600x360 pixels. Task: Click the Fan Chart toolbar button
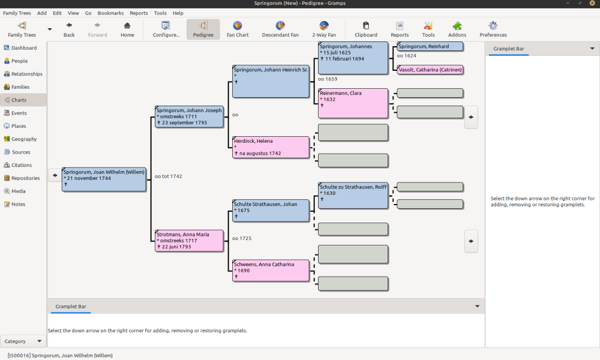click(238, 29)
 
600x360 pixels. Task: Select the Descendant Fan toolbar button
click(280, 29)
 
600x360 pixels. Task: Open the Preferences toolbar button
click(493, 29)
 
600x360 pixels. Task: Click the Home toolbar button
click(127, 29)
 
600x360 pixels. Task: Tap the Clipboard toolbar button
click(366, 29)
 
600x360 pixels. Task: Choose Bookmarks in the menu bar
click(110, 13)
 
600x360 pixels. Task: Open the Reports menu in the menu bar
click(139, 13)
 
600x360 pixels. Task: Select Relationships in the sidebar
click(26, 74)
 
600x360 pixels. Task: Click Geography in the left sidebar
click(24, 139)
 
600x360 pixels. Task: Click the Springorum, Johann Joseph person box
click(189, 116)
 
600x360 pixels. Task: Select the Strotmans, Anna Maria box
click(189, 241)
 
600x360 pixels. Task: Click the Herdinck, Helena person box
click(271, 147)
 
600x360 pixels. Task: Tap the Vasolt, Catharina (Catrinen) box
click(430, 70)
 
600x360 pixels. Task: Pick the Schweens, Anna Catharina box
click(271, 271)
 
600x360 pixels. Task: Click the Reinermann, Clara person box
click(353, 103)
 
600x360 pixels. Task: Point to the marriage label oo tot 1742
click(168, 176)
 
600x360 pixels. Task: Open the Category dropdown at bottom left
click(23, 341)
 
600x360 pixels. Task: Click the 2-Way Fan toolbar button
click(324, 29)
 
